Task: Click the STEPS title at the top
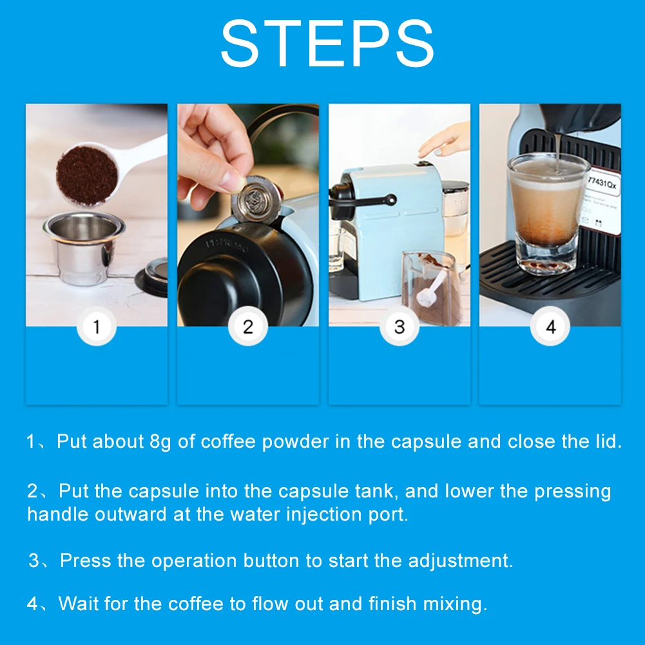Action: click(x=327, y=43)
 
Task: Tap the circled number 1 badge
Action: click(x=97, y=326)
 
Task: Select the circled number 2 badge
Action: click(x=248, y=326)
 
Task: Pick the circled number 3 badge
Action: click(x=400, y=326)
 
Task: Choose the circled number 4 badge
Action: click(x=550, y=326)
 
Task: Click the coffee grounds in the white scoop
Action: click(x=87, y=175)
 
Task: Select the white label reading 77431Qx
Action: click(x=601, y=202)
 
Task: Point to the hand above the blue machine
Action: click(x=445, y=140)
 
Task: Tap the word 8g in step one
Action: click(x=160, y=442)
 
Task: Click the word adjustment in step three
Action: click(x=461, y=561)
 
